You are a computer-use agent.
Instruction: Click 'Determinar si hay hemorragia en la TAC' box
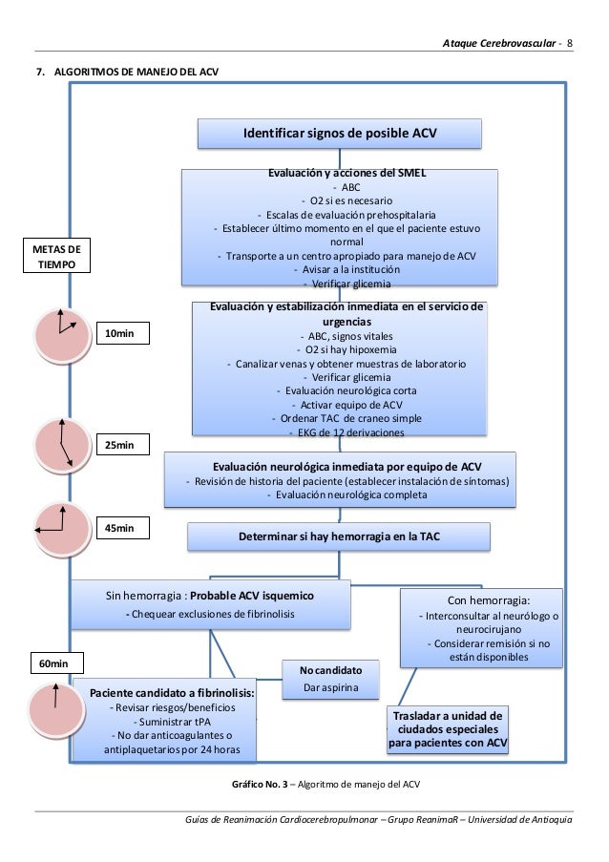click(x=339, y=538)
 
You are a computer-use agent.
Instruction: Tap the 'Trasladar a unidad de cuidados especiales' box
click(x=448, y=730)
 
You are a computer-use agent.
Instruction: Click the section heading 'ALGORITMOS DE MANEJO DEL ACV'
click(x=128, y=72)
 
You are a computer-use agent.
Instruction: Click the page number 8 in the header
click(x=570, y=44)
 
